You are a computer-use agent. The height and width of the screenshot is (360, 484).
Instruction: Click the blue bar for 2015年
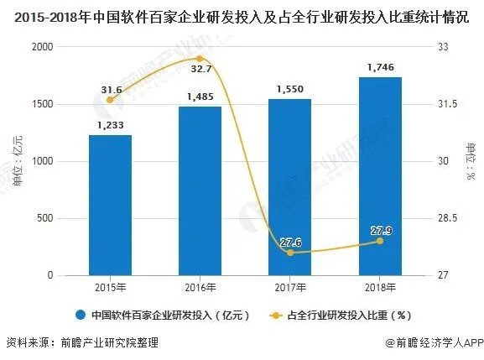tap(110, 206)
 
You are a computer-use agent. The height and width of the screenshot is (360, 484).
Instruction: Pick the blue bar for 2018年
tap(380, 176)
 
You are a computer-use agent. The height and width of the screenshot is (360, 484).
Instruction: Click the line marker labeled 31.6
tap(110, 100)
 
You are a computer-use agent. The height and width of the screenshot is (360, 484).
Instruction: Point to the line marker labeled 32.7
tap(200, 58)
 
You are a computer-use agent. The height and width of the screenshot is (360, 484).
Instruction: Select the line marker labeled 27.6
tap(290, 253)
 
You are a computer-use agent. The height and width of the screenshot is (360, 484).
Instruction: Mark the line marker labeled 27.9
tap(380, 241)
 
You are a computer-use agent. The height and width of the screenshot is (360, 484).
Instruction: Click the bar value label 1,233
tap(110, 124)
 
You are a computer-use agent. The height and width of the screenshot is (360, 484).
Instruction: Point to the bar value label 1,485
tap(200, 96)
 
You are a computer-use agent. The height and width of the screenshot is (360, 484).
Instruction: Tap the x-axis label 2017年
tap(290, 288)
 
